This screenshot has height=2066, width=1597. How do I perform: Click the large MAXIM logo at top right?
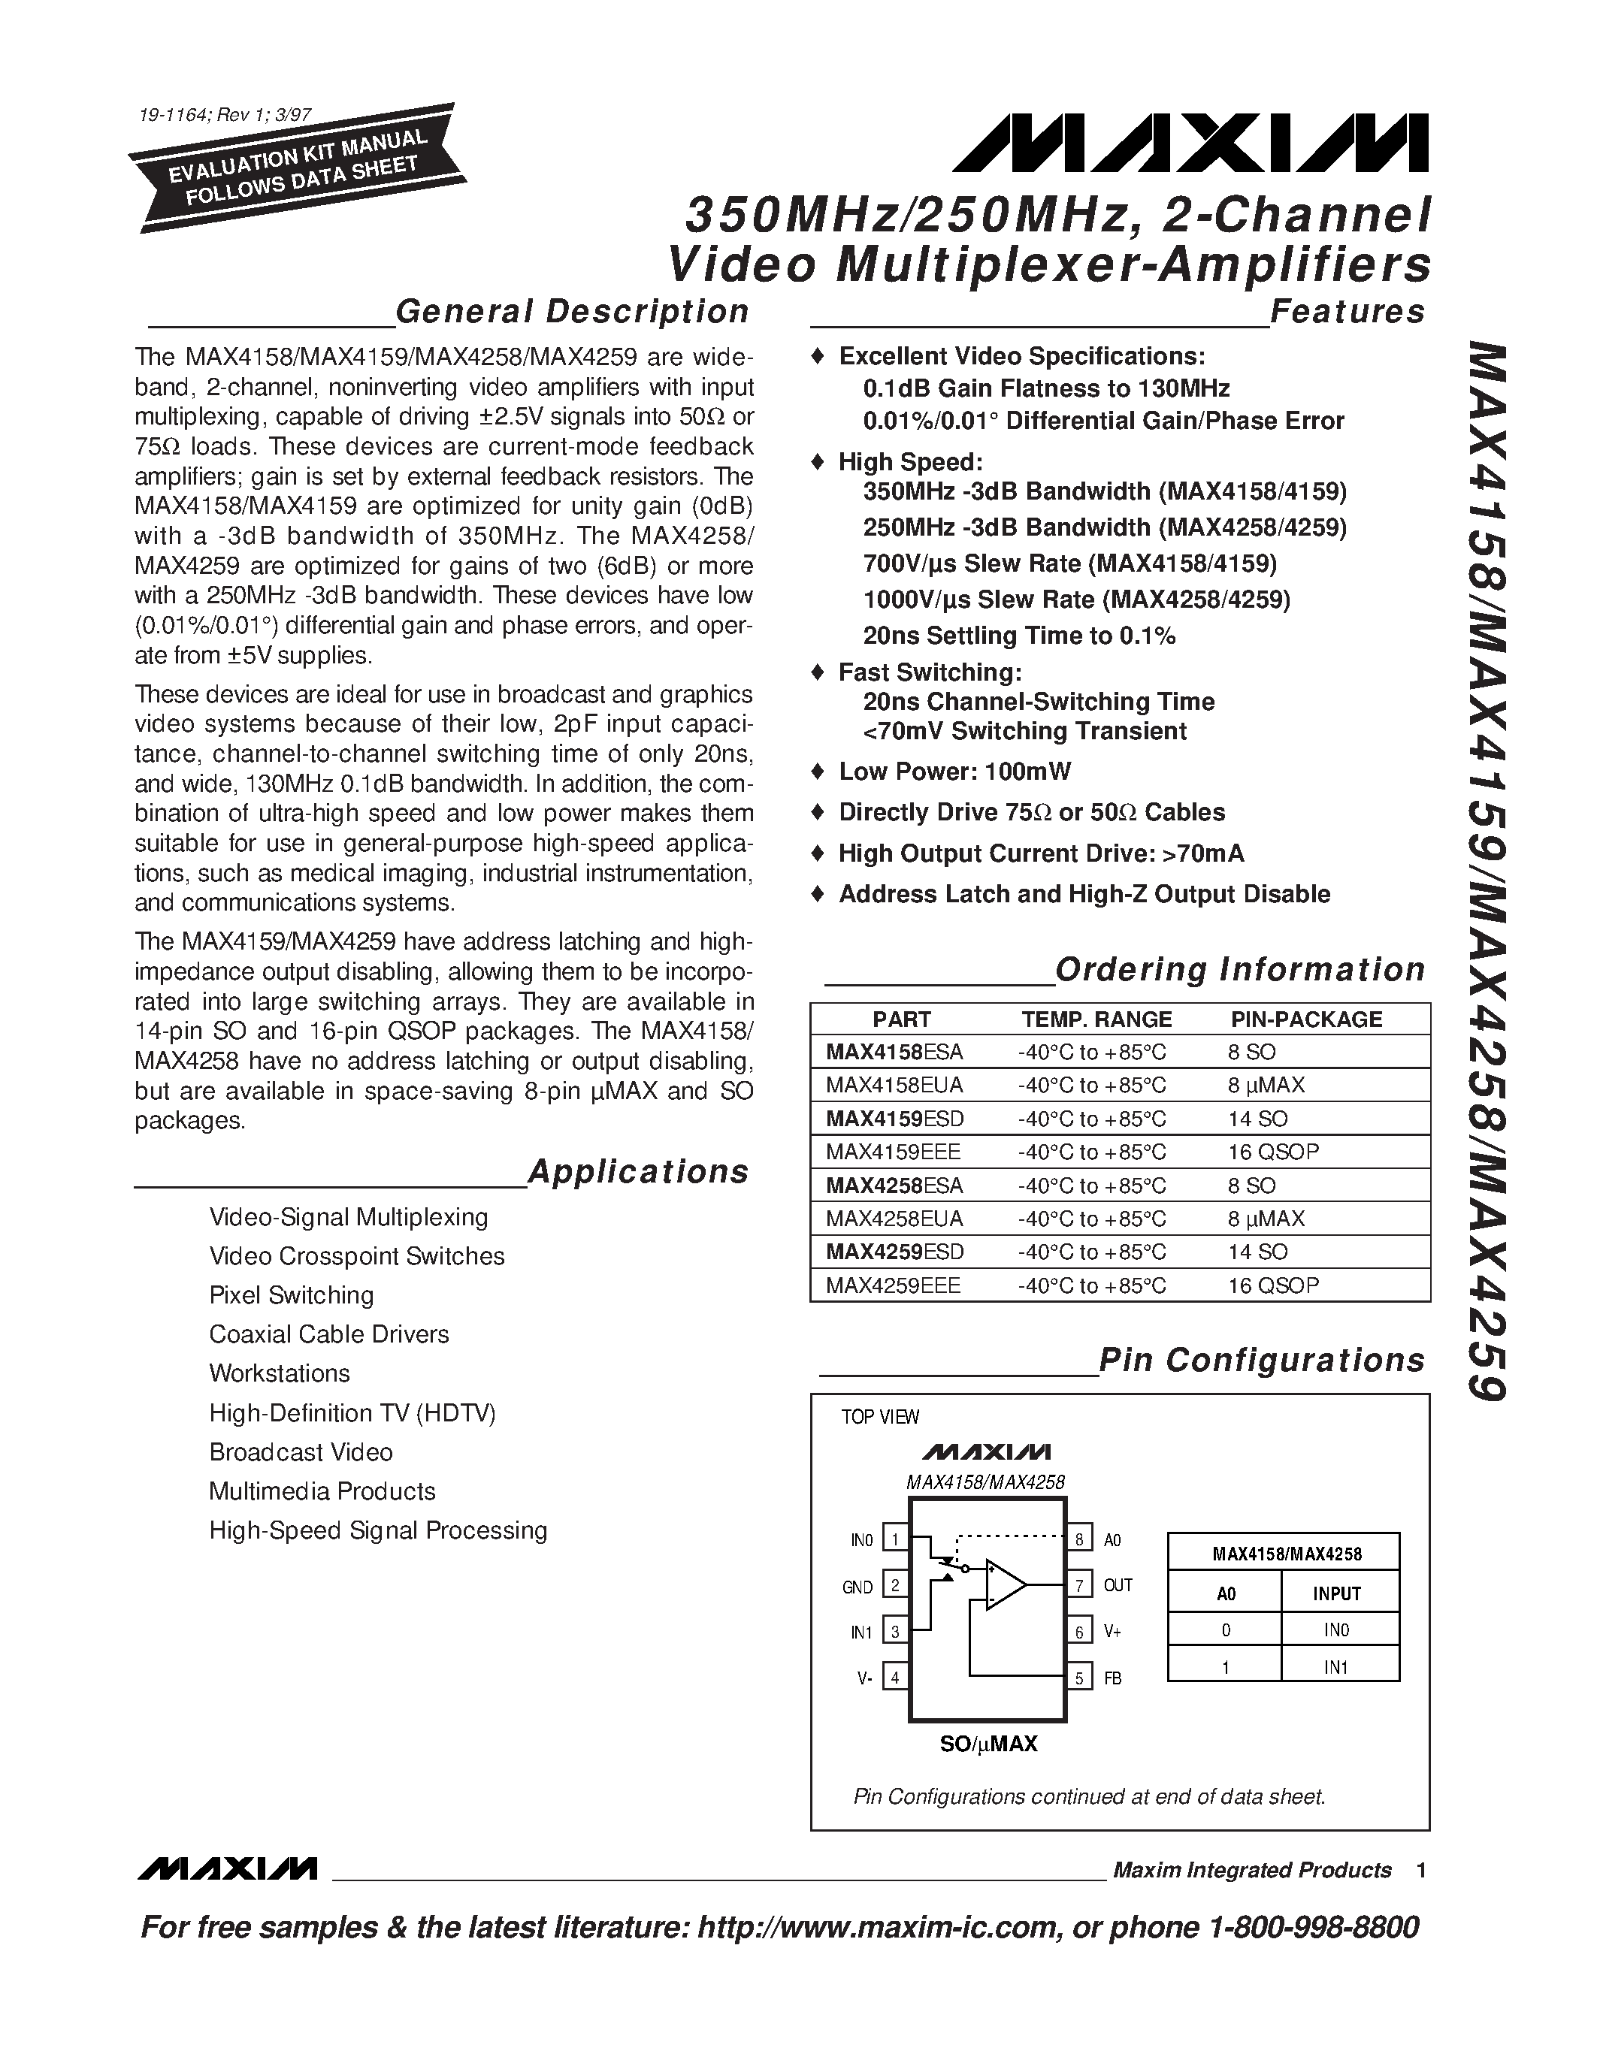tap(1190, 143)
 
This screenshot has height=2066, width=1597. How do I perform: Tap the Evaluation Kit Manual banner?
tap(297, 168)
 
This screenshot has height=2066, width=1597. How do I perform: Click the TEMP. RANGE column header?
tap(1096, 1019)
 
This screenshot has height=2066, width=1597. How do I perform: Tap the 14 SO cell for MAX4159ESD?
tap(1257, 1118)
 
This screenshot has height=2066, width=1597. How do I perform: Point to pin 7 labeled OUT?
tap(1078, 1584)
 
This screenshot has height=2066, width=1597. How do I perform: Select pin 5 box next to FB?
tap(1078, 1678)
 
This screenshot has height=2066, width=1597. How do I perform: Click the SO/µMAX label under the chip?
tap(988, 1744)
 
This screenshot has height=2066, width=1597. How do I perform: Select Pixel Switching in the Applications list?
tap(292, 1295)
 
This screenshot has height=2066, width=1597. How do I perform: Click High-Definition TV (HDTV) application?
tap(352, 1412)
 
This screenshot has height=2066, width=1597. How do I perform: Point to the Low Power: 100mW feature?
tap(954, 771)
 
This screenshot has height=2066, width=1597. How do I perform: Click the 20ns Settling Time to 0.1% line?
tap(1018, 636)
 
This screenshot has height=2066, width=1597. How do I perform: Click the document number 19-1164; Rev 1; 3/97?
tap(224, 116)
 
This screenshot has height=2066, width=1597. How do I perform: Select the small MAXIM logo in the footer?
tap(226, 1869)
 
